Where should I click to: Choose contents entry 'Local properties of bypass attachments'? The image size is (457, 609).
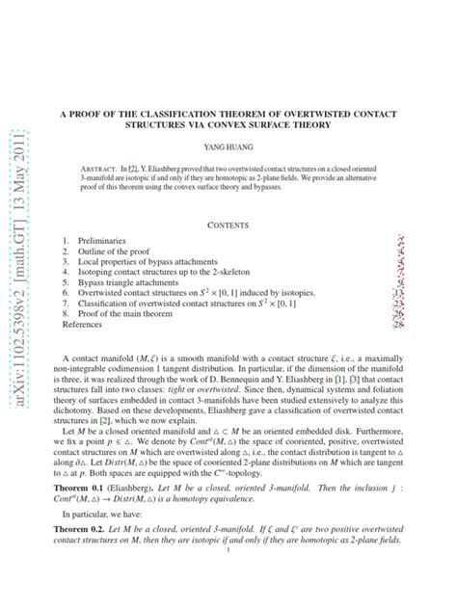[152, 261]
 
